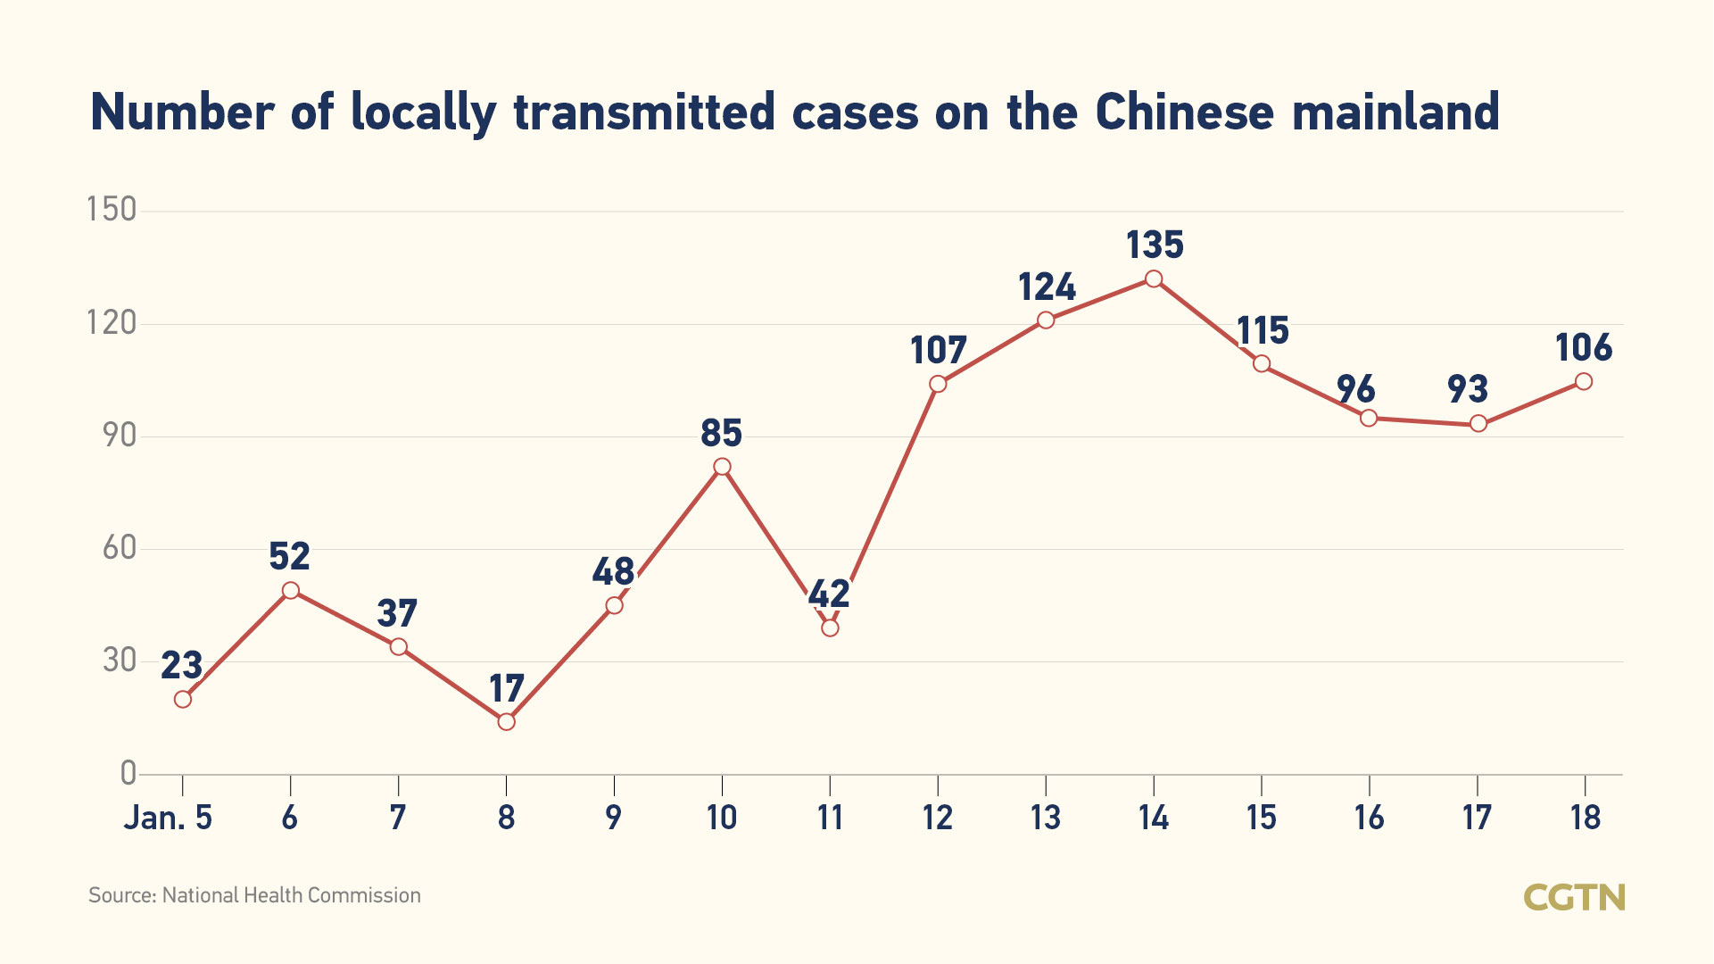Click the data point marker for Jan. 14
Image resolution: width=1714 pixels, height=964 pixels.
1154,278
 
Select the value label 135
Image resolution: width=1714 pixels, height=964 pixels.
1155,245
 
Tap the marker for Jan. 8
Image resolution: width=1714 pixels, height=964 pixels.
506,721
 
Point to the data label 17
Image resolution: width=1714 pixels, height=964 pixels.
506,689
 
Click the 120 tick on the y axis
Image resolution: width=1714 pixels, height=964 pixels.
112,322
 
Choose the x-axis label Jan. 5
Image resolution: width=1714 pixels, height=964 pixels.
168,818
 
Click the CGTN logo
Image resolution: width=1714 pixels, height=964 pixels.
1574,897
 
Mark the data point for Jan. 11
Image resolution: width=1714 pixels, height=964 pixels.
830,627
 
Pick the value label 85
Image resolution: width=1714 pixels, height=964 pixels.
721,434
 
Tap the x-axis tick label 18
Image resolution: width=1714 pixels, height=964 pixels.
1586,818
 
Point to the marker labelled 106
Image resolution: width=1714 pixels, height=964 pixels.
1584,381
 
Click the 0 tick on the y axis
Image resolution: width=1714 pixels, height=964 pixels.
128,773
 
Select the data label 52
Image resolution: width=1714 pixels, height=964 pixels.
289,557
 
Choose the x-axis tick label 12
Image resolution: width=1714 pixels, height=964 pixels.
938,818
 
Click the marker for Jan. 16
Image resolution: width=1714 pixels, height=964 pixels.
1369,418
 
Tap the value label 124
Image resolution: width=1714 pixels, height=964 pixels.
1047,287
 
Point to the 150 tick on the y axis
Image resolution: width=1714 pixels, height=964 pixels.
112,210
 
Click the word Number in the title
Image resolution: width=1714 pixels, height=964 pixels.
183,112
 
